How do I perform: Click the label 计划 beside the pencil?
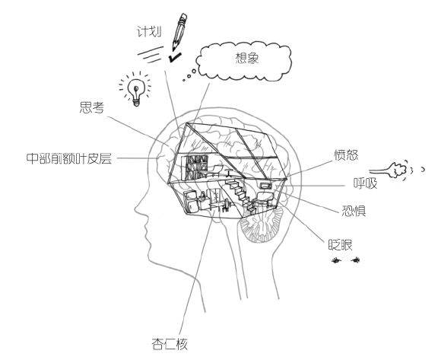[x=149, y=31]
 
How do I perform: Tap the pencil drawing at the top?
[x=179, y=31]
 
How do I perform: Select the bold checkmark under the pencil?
[x=175, y=57]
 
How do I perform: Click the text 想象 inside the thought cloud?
[x=246, y=58]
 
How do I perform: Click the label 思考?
[x=91, y=107]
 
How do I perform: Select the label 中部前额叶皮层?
[x=68, y=158]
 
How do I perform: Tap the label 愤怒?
[x=346, y=155]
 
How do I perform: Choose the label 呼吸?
[x=365, y=183]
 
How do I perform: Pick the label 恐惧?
[x=354, y=211]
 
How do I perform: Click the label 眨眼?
[x=340, y=245]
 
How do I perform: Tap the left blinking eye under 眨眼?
[x=336, y=260]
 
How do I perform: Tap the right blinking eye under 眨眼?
[x=355, y=260]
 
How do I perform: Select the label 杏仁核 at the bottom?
[x=170, y=344]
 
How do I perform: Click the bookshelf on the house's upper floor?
[x=195, y=167]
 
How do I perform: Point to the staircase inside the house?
[x=240, y=195]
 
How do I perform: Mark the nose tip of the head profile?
[x=135, y=209]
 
